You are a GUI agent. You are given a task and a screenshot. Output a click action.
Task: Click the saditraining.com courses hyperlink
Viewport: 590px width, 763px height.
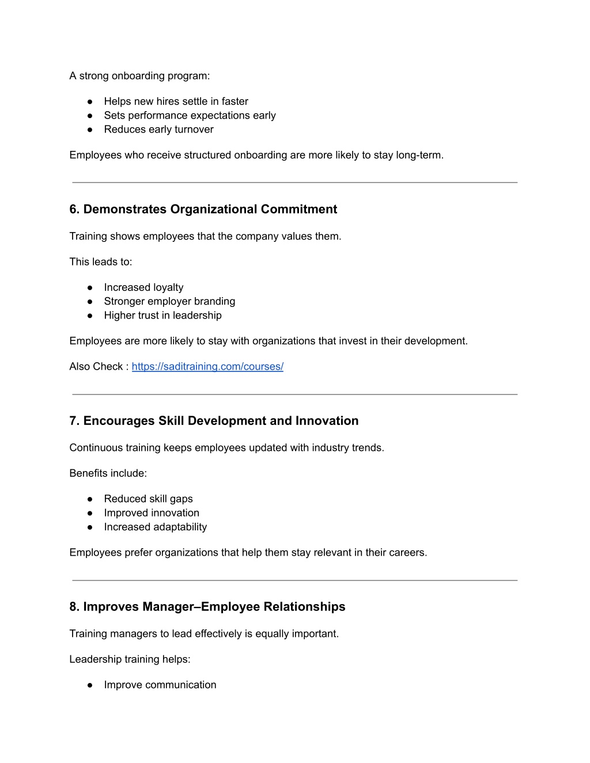(207, 367)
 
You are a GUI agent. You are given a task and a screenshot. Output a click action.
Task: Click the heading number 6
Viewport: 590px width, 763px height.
(73, 210)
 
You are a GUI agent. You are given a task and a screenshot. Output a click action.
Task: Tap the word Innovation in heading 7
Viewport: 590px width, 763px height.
(327, 421)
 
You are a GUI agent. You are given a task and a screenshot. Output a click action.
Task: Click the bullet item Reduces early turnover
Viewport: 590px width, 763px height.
(158, 130)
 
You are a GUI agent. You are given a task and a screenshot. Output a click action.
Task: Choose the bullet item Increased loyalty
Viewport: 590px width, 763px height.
(143, 287)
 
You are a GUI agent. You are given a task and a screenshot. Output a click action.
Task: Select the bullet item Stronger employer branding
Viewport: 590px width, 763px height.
(169, 301)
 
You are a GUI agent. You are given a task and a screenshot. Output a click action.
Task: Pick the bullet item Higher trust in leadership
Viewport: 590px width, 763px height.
(162, 316)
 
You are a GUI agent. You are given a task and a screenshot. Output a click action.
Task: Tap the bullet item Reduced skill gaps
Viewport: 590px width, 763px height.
(148, 499)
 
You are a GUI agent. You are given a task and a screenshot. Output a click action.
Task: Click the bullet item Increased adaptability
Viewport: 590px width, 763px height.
(155, 527)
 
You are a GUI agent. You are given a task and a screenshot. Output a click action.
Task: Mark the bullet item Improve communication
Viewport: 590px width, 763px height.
(160, 685)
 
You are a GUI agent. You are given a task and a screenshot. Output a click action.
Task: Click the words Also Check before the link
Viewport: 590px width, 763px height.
(96, 367)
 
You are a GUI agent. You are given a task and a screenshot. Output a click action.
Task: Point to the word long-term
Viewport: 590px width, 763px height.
(419, 155)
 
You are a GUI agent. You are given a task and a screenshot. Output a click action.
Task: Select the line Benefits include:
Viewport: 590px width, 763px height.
(108, 473)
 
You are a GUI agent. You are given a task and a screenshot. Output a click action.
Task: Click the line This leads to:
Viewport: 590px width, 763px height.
(100, 262)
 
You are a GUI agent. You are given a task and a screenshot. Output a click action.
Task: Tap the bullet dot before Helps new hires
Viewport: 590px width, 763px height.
(90, 102)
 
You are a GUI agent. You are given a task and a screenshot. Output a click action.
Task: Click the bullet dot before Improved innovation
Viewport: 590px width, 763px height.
(90, 513)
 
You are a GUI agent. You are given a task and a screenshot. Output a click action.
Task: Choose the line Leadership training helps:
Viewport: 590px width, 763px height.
(130, 659)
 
